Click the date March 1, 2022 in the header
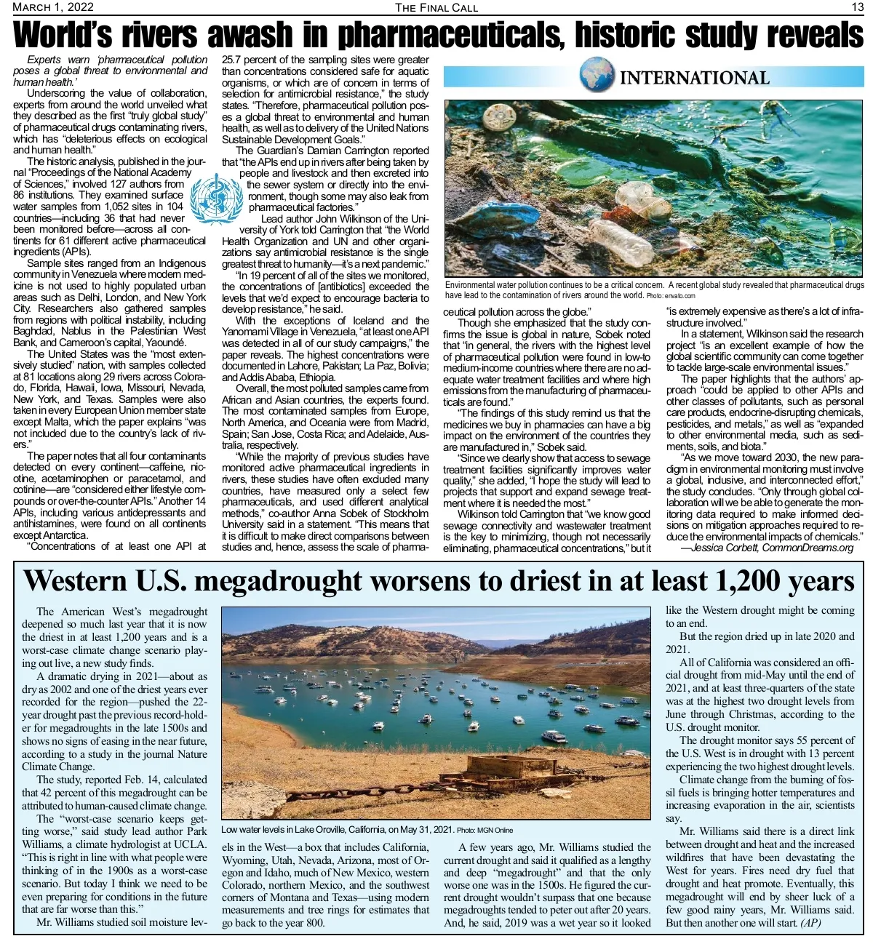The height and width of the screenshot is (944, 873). [x=52, y=7]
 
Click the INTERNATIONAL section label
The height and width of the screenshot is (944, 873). [x=694, y=78]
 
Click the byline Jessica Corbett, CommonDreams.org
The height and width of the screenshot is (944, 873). [x=767, y=548]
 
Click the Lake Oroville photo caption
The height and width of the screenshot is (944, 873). [x=337, y=830]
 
